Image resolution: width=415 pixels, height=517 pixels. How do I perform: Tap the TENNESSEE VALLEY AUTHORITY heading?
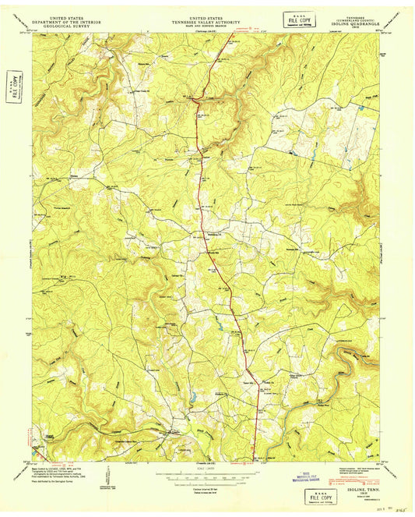click(x=207, y=19)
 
